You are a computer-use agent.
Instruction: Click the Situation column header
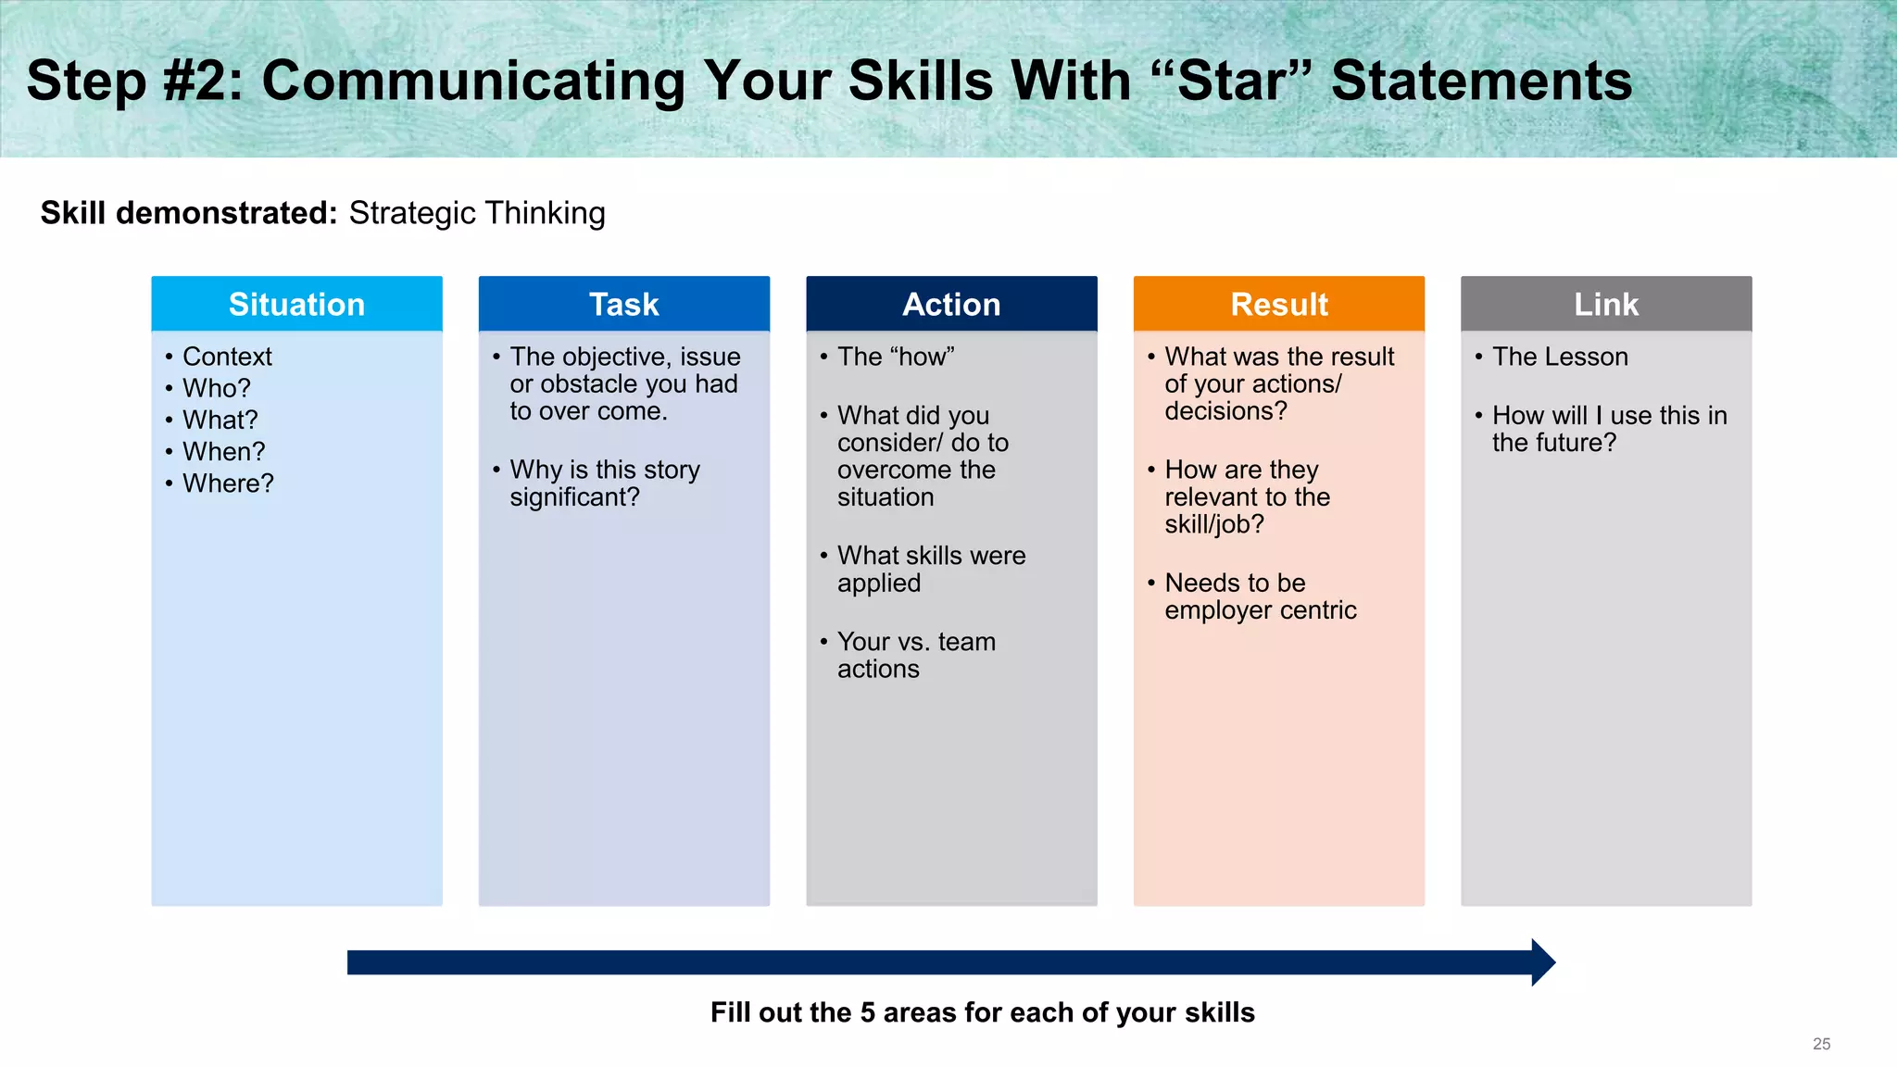[x=296, y=304]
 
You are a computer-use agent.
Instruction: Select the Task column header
[x=623, y=304]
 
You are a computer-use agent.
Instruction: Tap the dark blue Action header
[x=951, y=304]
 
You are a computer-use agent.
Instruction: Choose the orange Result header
[x=1278, y=304]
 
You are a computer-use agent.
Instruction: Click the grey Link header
[x=1606, y=304]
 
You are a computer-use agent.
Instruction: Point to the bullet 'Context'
[x=227, y=357]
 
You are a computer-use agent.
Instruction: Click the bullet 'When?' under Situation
[x=223, y=452]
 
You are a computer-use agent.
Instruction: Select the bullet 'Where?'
[x=228, y=483]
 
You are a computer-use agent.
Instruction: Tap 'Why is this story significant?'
[x=604, y=483]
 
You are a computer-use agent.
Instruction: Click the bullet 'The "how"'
[x=895, y=357]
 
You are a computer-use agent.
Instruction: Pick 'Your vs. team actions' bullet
[x=915, y=655]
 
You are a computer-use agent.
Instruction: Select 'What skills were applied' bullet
[x=930, y=569]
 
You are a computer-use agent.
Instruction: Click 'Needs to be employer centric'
[x=1259, y=596]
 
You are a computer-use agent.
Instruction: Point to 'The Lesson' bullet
[x=1560, y=357]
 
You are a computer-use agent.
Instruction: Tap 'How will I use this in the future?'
[x=1608, y=429]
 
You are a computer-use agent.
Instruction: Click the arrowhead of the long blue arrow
[x=1542, y=962]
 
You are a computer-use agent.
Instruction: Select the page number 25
[x=1821, y=1044]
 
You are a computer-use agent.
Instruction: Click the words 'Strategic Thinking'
[x=476, y=213]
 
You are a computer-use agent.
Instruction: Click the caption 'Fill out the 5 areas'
[x=982, y=1012]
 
